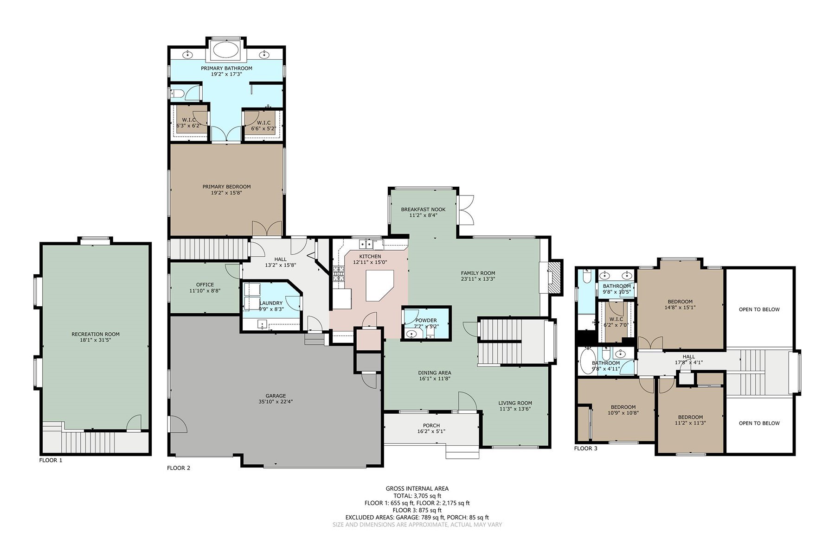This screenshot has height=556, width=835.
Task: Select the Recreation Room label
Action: point(96,334)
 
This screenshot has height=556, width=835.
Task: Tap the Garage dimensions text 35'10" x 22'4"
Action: point(276,402)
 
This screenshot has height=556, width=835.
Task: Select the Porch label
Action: point(431,425)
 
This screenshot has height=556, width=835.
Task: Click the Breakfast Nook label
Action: point(423,209)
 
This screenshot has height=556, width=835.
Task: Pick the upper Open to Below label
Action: point(759,310)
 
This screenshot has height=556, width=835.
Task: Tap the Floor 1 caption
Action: point(51,460)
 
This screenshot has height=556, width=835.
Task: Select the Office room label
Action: point(205,284)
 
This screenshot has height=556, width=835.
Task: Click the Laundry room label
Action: point(271,303)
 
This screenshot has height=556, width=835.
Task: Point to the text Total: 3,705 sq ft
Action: point(417,496)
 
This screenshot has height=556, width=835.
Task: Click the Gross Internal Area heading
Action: point(417,488)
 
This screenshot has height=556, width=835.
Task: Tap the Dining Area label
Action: point(435,373)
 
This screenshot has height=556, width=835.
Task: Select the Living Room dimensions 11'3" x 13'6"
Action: point(515,409)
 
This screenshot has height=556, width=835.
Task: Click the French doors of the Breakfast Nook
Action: point(466,209)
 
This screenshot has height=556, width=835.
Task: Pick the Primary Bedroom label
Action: point(226,187)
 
